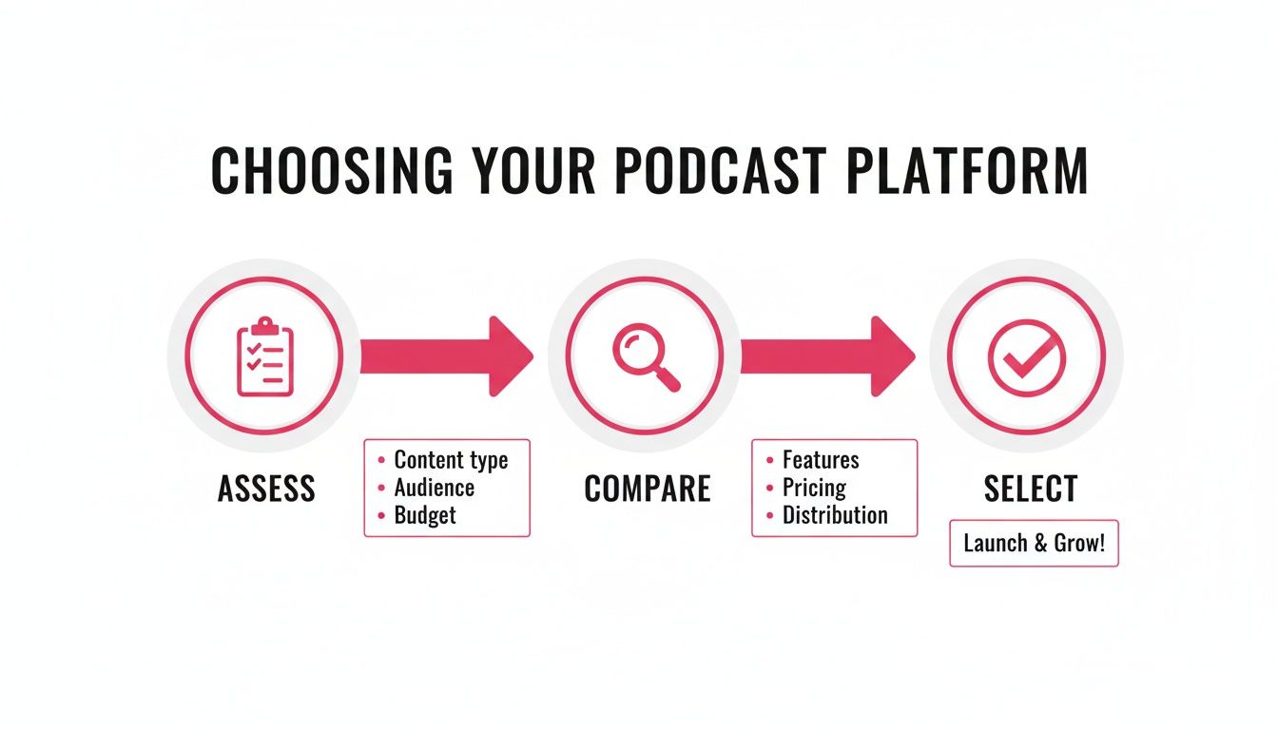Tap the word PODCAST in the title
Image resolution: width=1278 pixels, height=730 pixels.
click(716, 172)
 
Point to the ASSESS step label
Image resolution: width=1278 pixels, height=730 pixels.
click(266, 489)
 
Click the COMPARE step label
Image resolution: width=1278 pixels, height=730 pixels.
click(647, 489)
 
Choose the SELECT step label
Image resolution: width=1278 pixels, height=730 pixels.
click(1031, 489)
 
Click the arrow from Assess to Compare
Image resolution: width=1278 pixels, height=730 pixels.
click(447, 356)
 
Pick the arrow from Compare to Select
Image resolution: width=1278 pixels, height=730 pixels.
click(827, 356)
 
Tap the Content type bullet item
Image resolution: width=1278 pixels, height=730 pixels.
click(451, 460)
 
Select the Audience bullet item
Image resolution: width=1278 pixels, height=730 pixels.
click(434, 488)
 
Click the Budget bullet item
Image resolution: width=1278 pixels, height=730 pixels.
click(425, 515)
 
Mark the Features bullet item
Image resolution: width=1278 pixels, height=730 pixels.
click(820, 460)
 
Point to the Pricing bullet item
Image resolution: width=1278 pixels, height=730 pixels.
click(814, 488)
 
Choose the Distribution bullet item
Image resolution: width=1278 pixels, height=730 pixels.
click(834, 515)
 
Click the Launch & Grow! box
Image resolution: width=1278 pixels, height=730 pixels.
click(1034, 544)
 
